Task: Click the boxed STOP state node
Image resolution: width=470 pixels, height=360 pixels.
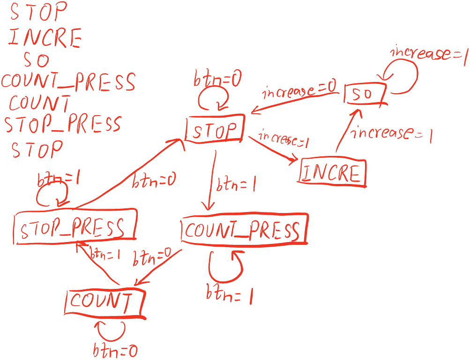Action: point(215,130)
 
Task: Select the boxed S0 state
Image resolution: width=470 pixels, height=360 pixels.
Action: point(365,95)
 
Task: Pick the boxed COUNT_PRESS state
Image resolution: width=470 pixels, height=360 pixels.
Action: point(243,230)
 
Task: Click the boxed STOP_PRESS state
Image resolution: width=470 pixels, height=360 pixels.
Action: point(75,228)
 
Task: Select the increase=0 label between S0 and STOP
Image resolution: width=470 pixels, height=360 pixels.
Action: point(300,90)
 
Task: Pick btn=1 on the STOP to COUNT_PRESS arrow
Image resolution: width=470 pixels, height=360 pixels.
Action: point(236,184)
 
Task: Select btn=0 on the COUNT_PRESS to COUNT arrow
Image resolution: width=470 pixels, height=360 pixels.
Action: point(151,257)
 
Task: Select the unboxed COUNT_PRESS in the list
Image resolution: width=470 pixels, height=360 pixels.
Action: point(68,82)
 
